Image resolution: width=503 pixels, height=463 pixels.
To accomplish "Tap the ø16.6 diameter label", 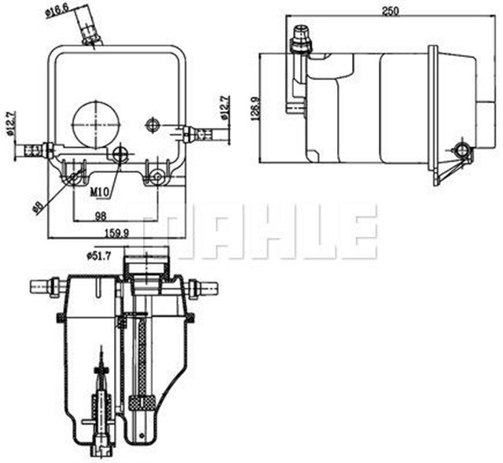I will (x=59, y=11).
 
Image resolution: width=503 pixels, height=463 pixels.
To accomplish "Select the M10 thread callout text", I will (x=99, y=191).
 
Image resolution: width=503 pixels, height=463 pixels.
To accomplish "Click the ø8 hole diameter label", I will (x=36, y=207).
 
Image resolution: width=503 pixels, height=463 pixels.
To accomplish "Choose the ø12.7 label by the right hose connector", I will (x=224, y=108).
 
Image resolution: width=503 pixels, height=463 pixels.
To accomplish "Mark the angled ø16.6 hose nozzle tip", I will (x=90, y=32).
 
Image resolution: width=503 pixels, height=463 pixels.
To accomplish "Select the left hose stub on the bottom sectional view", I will (x=42, y=286).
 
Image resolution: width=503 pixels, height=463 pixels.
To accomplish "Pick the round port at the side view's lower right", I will (x=463, y=148).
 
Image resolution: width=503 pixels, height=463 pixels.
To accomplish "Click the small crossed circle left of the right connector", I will (x=152, y=124).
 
